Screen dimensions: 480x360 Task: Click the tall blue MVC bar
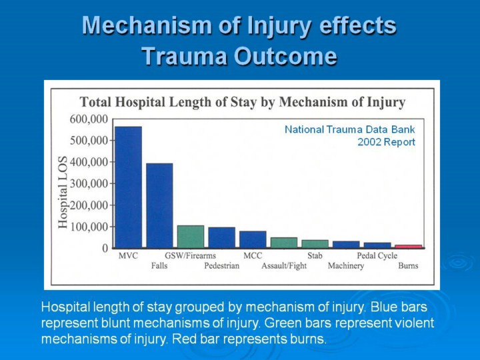(129, 187)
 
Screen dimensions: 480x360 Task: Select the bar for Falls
(159, 205)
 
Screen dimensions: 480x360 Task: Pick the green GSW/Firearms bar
(191, 237)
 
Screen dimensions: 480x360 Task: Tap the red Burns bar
(409, 247)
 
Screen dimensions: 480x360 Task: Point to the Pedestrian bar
(221, 237)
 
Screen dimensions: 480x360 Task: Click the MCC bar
(253, 239)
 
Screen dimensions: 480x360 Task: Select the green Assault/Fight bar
(284, 243)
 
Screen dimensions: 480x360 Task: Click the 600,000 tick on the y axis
(89, 119)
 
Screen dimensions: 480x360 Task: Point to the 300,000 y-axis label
(89, 184)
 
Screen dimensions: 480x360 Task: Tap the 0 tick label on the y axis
(105, 248)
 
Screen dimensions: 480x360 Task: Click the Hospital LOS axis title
(63, 192)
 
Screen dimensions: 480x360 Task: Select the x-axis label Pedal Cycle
(377, 255)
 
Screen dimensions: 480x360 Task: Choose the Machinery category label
(346, 266)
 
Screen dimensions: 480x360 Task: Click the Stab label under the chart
(315, 255)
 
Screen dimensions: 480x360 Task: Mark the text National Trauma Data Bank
(350, 129)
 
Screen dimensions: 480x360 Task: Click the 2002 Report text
(386, 142)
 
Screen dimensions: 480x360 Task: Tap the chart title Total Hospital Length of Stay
(168, 102)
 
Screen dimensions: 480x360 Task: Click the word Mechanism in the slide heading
(147, 26)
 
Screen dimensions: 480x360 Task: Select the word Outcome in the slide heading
(285, 56)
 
